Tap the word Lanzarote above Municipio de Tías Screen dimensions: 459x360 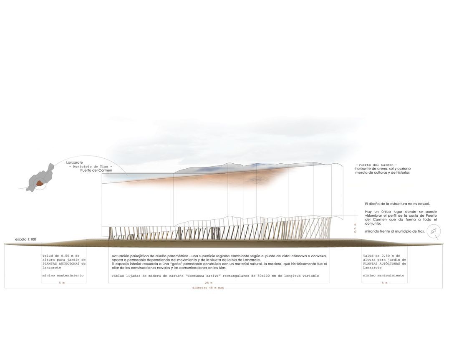(74, 162)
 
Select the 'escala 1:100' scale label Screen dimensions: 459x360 (26, 239)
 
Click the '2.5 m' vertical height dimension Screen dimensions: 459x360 (356, 228)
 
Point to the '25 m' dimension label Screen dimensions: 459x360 (209, 283)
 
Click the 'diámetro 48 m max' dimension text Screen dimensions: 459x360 (208, 288)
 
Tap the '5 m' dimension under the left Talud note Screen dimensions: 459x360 (62, 283)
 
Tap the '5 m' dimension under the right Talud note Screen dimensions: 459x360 (385, 283)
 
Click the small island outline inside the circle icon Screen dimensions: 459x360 (434, 231)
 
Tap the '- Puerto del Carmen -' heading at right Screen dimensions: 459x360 (376, 165)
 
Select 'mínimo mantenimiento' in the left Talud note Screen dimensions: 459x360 (63, 275)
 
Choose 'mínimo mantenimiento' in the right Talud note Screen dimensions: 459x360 (383, 275)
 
